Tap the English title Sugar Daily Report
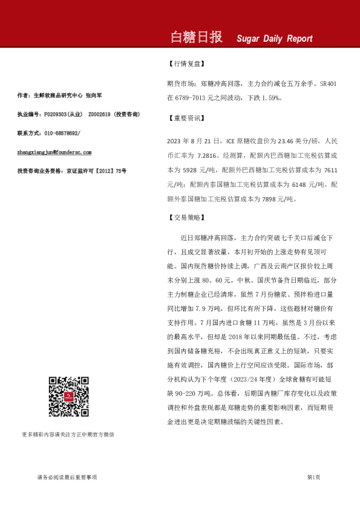(x=275, y=39)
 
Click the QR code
(x=68, y=396)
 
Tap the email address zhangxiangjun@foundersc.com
(x=54, y=152)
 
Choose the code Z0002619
(x=99, y=114)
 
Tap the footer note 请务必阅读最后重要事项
(x=67, y=477)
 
